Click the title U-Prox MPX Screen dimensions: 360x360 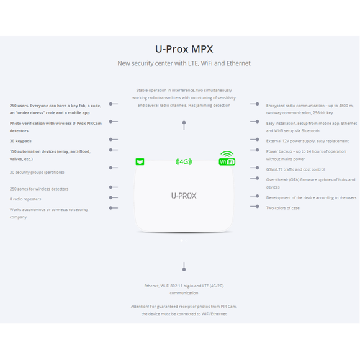tap(184, 49)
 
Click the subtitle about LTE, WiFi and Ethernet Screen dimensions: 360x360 tap(184, 63)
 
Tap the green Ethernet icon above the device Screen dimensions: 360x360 tap(140, 162)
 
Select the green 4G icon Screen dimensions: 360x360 tap(184, 162)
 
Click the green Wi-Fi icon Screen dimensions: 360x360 tap(227, 159)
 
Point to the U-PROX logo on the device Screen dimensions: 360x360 tap(184, 196)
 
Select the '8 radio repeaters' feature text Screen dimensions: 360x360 tap(25, 199)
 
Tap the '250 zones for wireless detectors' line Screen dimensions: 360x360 tap(38, 189)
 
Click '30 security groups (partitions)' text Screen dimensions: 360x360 tap(37, 172)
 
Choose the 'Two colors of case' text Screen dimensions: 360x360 tap(283, 208)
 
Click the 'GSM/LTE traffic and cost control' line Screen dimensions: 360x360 tap(295, 169)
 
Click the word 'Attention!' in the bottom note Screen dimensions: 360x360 tap(140, 306)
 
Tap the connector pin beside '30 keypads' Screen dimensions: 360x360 tap(113, 140)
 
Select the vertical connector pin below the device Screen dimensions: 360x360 tap(184, 266)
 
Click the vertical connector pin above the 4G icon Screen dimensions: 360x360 tap(184, 125)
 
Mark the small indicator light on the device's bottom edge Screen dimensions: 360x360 tap(181, 240)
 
